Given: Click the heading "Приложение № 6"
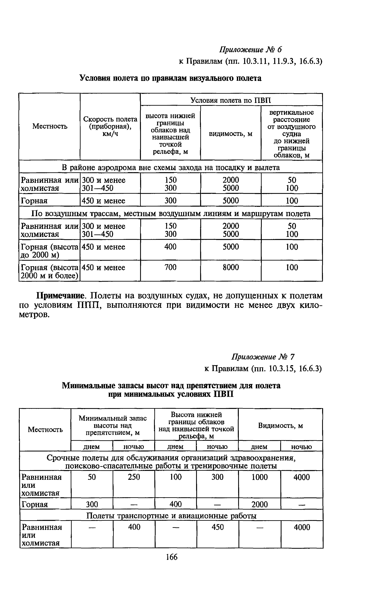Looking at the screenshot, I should point(250,50).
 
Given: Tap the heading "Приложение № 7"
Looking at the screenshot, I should point(263,357).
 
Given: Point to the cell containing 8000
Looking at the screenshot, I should point(231,267).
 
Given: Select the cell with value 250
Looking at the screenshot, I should point(134,477).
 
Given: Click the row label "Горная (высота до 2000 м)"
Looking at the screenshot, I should point(49,251).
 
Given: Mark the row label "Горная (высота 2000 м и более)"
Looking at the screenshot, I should point(49,272).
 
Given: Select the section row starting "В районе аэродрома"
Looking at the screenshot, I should point(171,167).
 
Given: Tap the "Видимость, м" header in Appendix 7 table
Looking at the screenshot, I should point(280,426).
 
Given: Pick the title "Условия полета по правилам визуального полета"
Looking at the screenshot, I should point(170,78).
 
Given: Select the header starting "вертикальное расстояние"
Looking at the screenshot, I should point(292,134).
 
